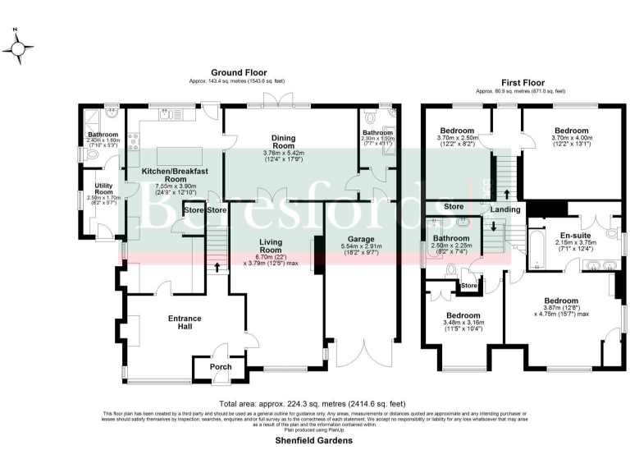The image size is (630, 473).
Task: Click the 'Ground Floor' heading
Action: tap(239, 73)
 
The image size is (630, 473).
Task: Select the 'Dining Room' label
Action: tap(284, 143)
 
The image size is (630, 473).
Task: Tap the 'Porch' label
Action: tap(221, 366)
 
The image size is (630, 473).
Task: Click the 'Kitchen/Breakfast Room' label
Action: tap(176, 175)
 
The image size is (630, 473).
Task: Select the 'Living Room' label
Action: tap(271, 246)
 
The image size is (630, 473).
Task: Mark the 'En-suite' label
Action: tap(564, 234)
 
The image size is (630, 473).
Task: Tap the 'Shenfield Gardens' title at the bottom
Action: tap(314, 441)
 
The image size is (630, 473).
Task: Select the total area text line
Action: tap(313, 404)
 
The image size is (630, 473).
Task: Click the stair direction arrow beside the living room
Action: tap(217, 267)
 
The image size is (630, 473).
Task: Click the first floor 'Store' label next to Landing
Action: tap(454, 206)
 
